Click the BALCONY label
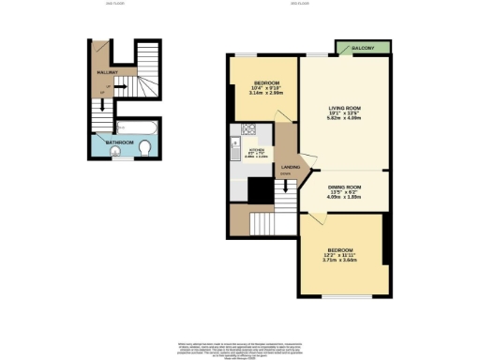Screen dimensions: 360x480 coord(366,48)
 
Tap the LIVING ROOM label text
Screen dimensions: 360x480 coord(342,109)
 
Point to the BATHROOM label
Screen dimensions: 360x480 coord(118,142)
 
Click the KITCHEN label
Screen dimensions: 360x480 coord(256,149)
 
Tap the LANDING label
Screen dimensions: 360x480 coord(291,168)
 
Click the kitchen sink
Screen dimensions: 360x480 coord(234,148)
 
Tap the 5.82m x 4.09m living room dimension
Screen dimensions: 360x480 coord(342,119)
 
